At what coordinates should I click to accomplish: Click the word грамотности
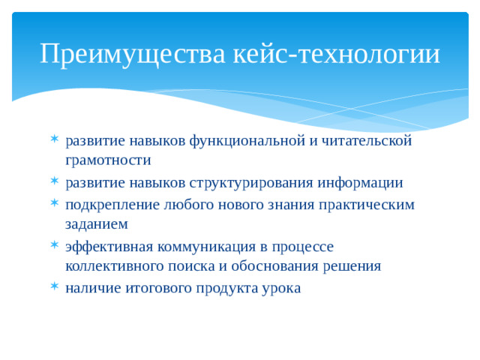pos(108,160)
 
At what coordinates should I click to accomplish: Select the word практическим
pos(366,205)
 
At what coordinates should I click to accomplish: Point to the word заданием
pos(97,224)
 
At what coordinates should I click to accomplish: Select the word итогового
pos(160,289)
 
